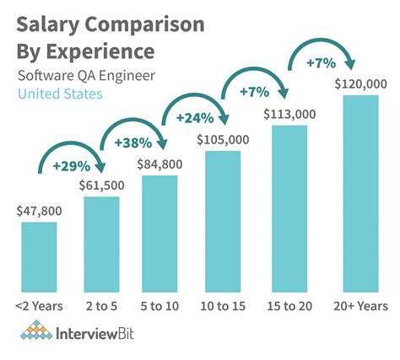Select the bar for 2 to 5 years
click(x=101, y=244)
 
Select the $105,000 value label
click(x=222, y=140)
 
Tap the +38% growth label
click(x=132, y=142)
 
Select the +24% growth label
click(x=193, y=118)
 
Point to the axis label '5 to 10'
click(x=160, y=304)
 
